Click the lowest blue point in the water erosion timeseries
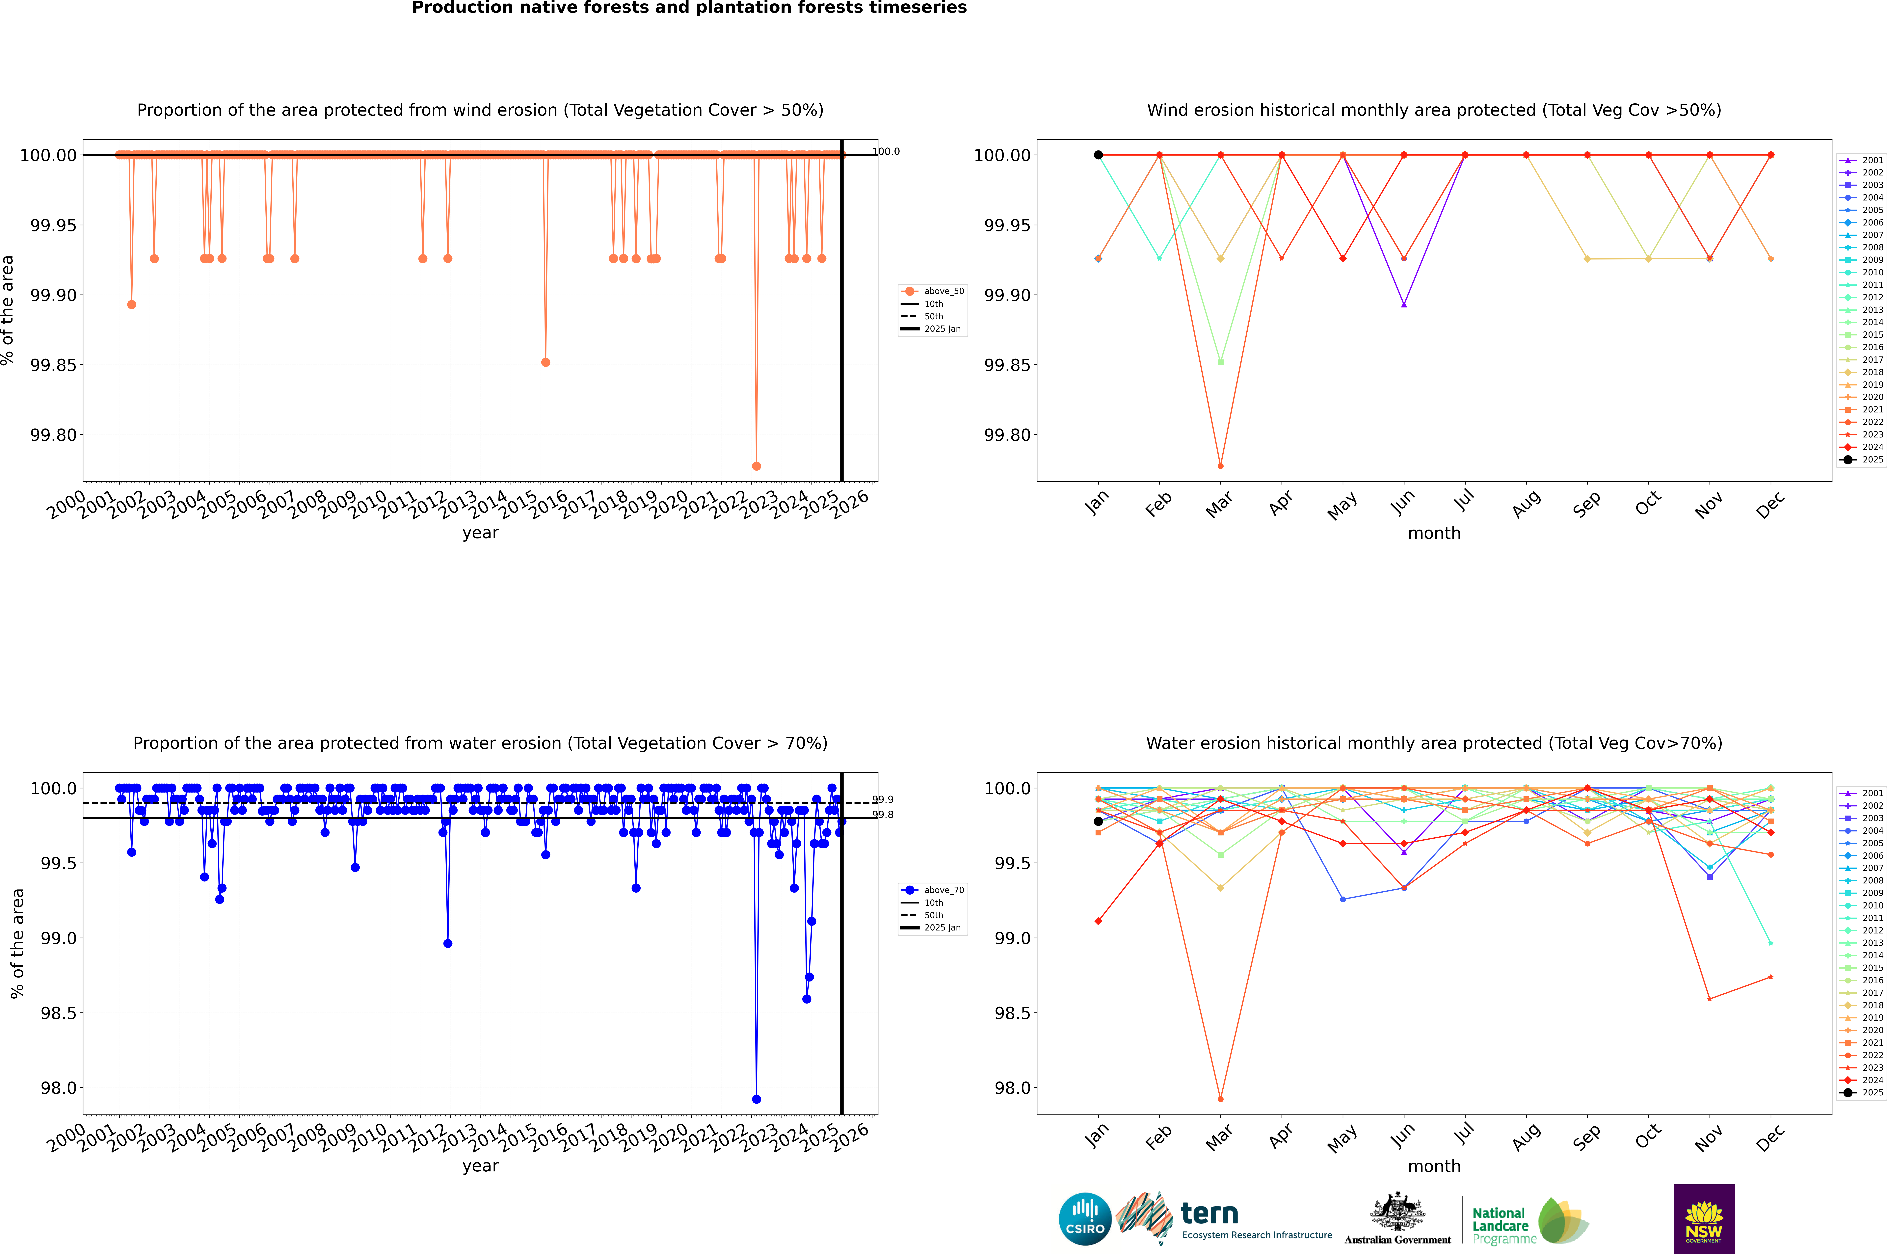point(756,1099)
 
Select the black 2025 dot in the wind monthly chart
point(1098,155)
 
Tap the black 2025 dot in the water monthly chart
point(1098,821)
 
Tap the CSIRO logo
point(1085,1219)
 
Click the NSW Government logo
point(1704,1219)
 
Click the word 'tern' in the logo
point(1209,1214)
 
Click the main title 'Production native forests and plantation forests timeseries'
point(689,8)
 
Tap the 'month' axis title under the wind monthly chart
point(1433,534)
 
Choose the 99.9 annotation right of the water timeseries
point(882,800)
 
